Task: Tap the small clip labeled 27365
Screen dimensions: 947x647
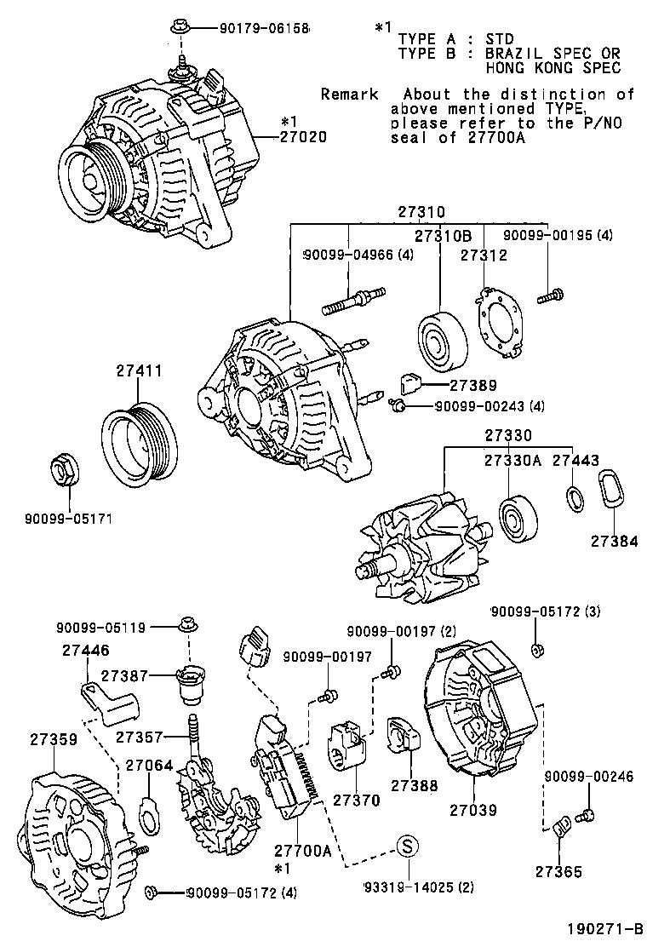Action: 559,827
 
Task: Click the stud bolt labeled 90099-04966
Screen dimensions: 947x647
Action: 349,300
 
